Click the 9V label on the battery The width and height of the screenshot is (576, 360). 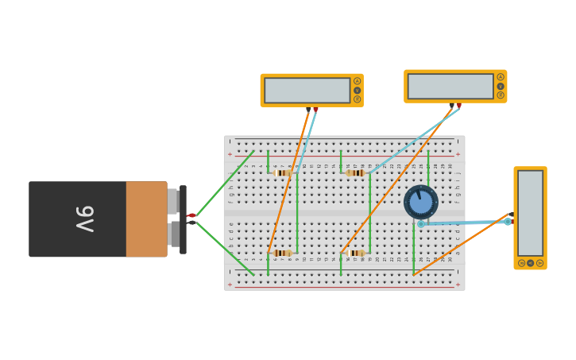[x=85, y=219]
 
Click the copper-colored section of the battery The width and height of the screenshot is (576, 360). [x=146, y=219]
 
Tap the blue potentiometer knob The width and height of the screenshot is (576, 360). [x=421, y=202]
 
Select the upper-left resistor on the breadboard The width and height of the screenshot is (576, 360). [x=282, y=172]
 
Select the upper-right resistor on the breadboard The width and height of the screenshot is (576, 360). [x=355, y=172]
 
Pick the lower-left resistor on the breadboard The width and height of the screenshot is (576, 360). [x=282, y=253]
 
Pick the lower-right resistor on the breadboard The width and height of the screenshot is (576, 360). [x=355, y=253]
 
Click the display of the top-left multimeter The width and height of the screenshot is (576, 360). [x=307, y=90]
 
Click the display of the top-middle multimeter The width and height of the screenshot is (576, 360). [x=450, y=86]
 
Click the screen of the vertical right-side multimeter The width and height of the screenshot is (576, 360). [x=530, y=212]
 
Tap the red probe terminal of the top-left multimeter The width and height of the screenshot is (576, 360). [x=315, y=109]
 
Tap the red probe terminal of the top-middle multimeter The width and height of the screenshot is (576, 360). [x=458, y=105]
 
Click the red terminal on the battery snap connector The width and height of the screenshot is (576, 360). [x=191, y=215]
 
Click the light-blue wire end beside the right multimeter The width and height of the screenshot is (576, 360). [x=508, y=222]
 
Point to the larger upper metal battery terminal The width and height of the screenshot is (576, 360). [x=172, y=201]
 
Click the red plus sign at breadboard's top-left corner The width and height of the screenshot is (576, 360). [x=230, y=154]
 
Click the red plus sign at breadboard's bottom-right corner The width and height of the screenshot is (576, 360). [x=458, y=284]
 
